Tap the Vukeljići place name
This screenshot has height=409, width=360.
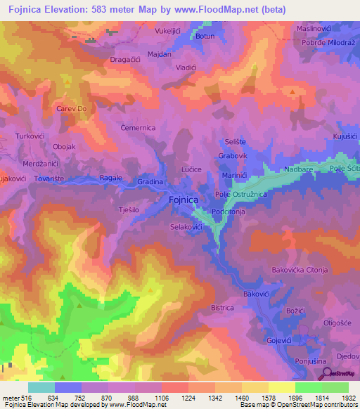point(169,31)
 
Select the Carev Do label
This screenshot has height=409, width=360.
point(71,110)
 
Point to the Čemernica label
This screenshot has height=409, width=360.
point(138,128)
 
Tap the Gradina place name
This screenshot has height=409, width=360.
point(150,182)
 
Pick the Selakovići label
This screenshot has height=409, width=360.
point(186,228)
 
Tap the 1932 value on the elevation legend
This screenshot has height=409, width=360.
point(348,398)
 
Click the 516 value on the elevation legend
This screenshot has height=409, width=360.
point(16,398)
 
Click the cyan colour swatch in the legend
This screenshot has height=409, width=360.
point(41,387)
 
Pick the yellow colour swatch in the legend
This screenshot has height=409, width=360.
point(282,387)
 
